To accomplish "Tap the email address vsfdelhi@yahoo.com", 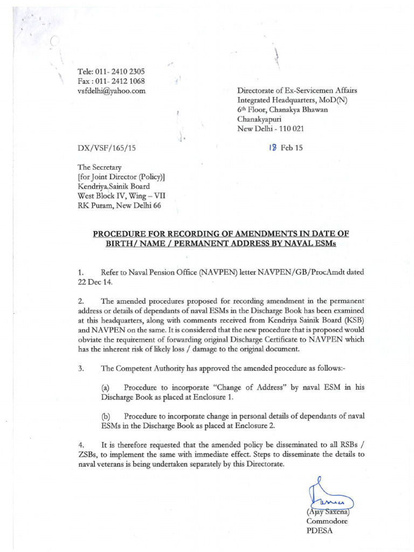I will [x=112, y=91].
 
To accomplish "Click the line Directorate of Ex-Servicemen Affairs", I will [x=297, y=91].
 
